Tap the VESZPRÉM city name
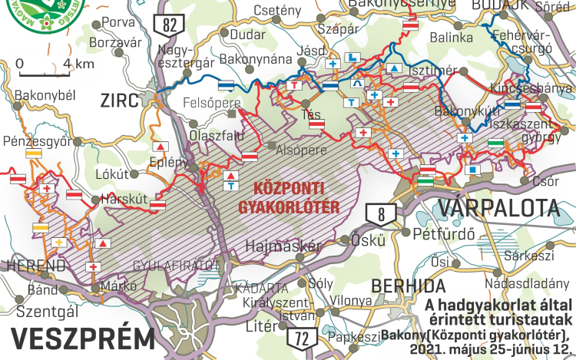84,339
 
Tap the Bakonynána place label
256,59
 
